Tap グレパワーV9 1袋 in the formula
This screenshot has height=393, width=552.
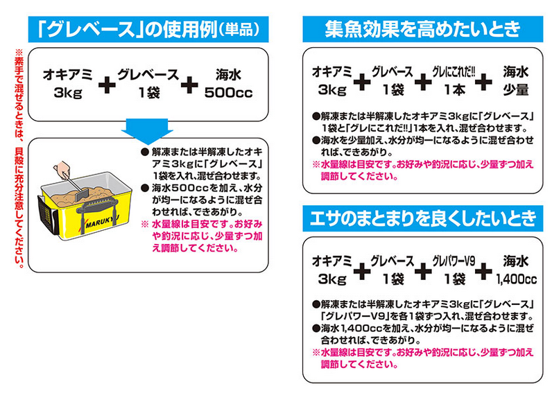[x=454, y=270]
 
